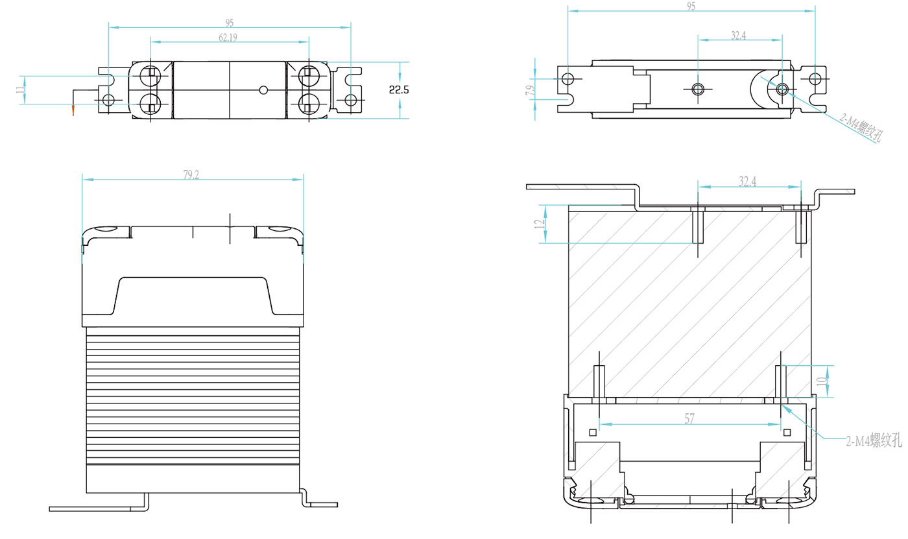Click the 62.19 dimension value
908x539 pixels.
(x=228, y=38)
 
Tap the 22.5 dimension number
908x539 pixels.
(x=399, y=90)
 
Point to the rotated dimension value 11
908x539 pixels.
(x=20, y=90)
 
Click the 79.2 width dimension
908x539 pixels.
(x=191, y=174)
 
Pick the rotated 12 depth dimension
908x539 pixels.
(x=538, y=224)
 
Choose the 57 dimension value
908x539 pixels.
(x=689, y=420)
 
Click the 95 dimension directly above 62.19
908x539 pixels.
(x=229, y=23)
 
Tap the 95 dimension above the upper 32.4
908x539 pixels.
(x=691, y=6)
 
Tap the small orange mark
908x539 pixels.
(x=73, y=110)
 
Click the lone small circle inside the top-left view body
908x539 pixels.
(x=263, y=90)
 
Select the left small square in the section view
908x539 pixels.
(x=592, y=433)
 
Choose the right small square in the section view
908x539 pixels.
(x=787, y=433)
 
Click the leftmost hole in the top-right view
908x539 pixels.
(x=568, y=79)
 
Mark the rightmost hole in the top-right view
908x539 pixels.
(x=815, y=79)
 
